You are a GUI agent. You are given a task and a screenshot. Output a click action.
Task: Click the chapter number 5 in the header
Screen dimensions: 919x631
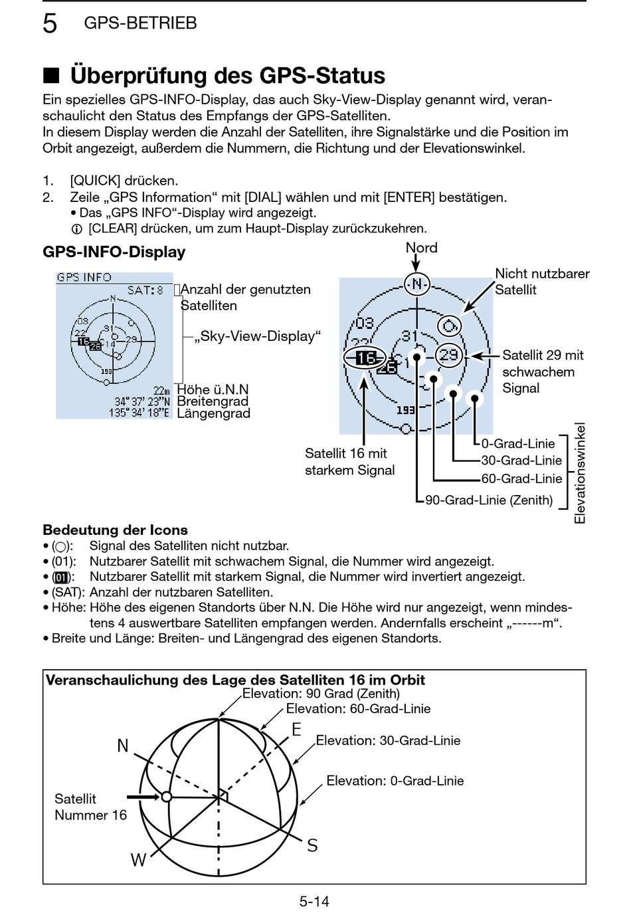pos(50,23)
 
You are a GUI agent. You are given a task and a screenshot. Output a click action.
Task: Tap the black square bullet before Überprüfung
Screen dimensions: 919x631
pos(51,76)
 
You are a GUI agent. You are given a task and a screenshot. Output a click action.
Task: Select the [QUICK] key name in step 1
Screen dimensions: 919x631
pos(95,181)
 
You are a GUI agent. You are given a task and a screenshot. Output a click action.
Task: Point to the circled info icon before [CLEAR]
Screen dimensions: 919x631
pos(76,229)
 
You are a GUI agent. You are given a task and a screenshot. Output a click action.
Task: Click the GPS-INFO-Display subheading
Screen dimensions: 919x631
pos(114,253)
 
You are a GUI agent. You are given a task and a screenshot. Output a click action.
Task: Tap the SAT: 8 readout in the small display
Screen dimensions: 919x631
pos(145,290)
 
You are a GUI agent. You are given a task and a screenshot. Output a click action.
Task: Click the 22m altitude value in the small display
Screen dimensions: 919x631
pos(161,391)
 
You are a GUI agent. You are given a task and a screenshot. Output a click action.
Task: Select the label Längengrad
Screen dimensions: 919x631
pos(213,413)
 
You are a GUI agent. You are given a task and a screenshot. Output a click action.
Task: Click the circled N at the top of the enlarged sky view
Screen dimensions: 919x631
pos(416,284)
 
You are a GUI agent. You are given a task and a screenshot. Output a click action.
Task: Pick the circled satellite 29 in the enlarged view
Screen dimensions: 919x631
pos(449,355)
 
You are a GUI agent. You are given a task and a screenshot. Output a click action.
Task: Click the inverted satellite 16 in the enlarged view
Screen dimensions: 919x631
pos(365,358)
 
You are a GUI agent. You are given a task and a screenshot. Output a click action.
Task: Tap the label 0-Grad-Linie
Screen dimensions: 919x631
pos(518,444)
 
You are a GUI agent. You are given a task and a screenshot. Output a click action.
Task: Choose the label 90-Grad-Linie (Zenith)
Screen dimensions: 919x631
pos(489,500)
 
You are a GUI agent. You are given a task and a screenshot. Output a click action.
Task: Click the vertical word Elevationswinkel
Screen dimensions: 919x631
pos(580,473)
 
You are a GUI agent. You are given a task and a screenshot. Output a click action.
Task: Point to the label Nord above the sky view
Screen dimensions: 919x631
pos(421,248)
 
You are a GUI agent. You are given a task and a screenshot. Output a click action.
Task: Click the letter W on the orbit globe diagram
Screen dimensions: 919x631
pos(138,861)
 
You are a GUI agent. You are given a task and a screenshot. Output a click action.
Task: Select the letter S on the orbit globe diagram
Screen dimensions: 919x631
pos(312,846)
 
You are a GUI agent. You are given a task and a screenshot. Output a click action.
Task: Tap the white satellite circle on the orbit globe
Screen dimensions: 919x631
pos(167,796)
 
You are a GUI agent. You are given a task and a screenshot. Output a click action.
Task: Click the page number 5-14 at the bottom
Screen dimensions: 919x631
pos(314,902)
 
